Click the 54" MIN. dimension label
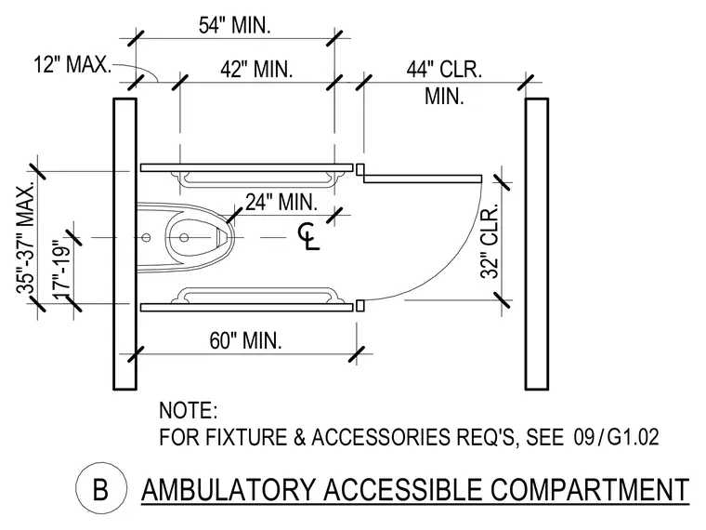click(235, 25)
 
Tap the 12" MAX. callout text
click(72, 64)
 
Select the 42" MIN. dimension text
click(256, 70)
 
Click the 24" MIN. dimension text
click(281, 202)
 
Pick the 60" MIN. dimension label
click(245, 340)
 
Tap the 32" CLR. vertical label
click(490, 241)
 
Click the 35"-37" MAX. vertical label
click(26, 238)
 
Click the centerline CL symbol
click(308, 236)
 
